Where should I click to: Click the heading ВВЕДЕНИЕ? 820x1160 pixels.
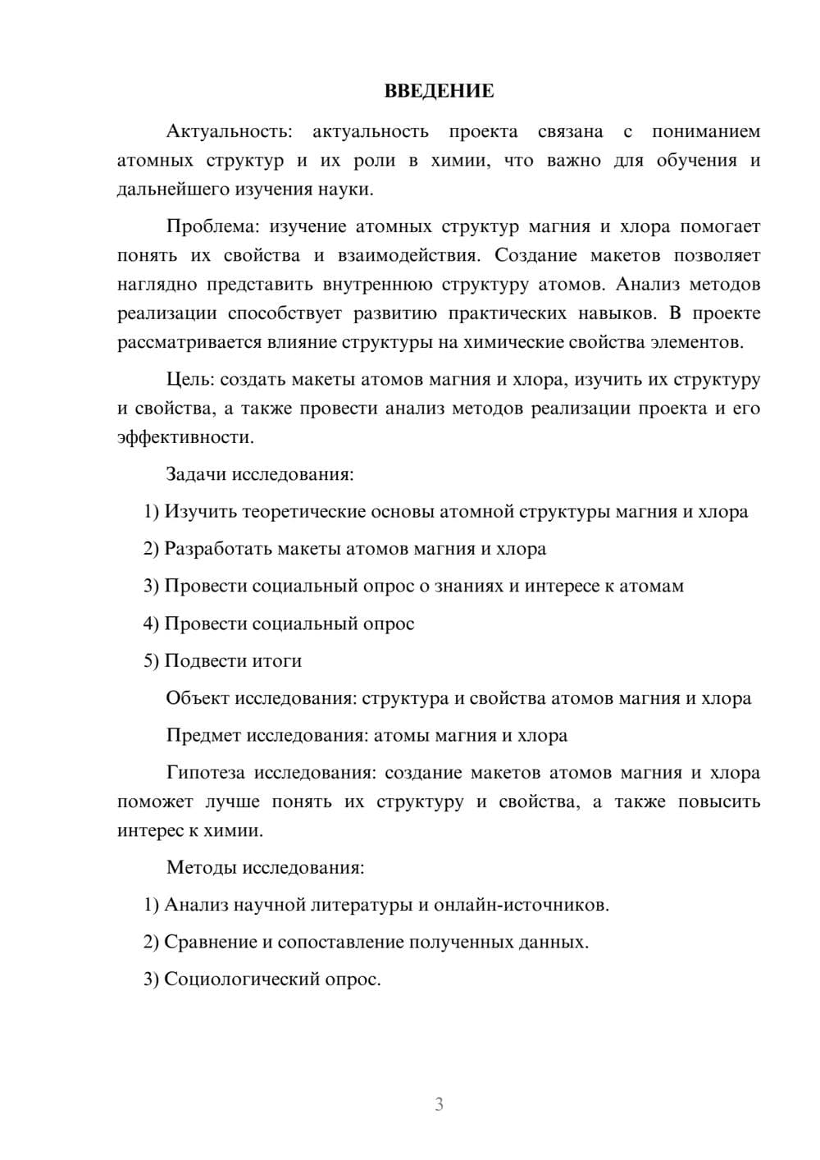point(439,91)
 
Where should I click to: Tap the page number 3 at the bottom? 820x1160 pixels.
point(439,1104)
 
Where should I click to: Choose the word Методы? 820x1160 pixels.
point(200,867)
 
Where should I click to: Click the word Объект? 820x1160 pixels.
point(198,698)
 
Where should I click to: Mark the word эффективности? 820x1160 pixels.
point(184,437)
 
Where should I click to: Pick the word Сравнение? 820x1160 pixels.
point(210,942)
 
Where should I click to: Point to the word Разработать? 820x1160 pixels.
point(218,549)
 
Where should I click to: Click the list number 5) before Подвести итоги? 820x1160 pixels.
point(151,661)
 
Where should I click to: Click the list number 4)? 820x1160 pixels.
point(151,623)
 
